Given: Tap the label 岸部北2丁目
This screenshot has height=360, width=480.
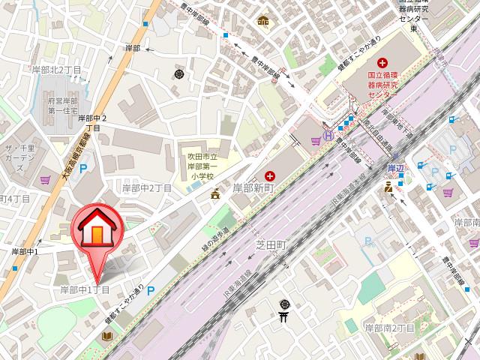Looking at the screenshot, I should pyautogui.click(x=56, y=70).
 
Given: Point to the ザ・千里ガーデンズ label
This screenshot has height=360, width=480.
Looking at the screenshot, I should pyautogui.click(x=21, y=154).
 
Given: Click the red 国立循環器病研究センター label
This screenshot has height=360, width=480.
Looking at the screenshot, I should pyautogui.click(x=382, y=85).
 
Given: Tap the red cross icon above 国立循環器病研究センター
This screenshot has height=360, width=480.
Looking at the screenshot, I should pyautogui.click(x=382, y=62).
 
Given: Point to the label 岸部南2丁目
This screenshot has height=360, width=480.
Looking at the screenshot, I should pyautogui.click(x=389, y=328).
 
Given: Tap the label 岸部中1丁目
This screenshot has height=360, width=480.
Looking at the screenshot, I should pyautogui.click(x=85, y=289).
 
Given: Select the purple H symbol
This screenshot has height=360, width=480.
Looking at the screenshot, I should pyautogui.click(x=328, y=138).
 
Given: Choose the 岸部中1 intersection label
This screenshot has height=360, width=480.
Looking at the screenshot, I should pyautogui.click(x=25, y=251).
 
